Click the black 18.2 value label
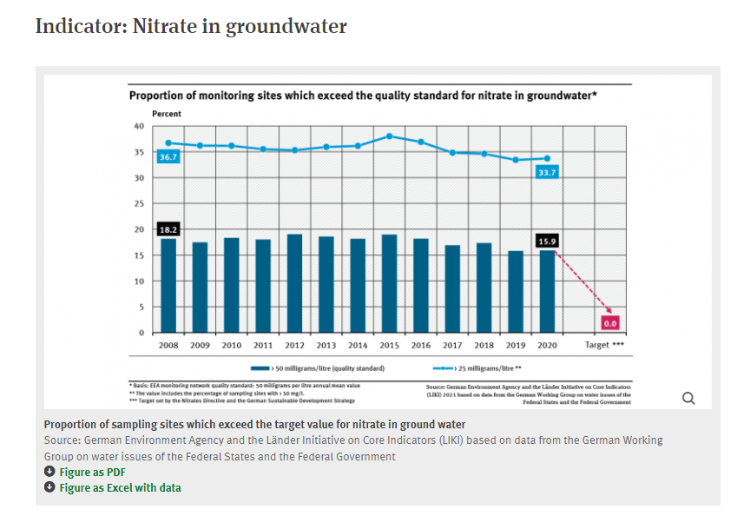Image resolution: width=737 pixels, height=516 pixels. [x=168, y=229]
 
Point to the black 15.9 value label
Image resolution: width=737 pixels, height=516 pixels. [x=546, y=240]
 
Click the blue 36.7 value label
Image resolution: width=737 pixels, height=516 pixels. [x=168, y=156]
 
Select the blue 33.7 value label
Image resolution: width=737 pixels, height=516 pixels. [x=547, y=173]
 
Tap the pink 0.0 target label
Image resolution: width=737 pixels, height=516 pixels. [x=609, y=323]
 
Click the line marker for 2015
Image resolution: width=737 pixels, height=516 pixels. [x=389, y=136]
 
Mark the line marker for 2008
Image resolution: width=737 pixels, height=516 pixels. [x=168, y=142]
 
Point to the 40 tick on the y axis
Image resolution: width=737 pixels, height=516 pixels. [x=139, y=126]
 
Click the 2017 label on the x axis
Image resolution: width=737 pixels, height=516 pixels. [x=452, y=345]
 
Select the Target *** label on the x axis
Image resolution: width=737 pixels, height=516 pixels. [x=604, y=345]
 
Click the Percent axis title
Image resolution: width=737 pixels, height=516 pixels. [x=167, y=114]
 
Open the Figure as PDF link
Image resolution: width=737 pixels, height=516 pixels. [x=92, y=472]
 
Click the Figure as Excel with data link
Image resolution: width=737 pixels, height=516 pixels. [x=120, y=487]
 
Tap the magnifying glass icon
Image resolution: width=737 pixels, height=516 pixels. [x=689, y=398]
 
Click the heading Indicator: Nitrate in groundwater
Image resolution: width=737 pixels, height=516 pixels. [x=191, y=26]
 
